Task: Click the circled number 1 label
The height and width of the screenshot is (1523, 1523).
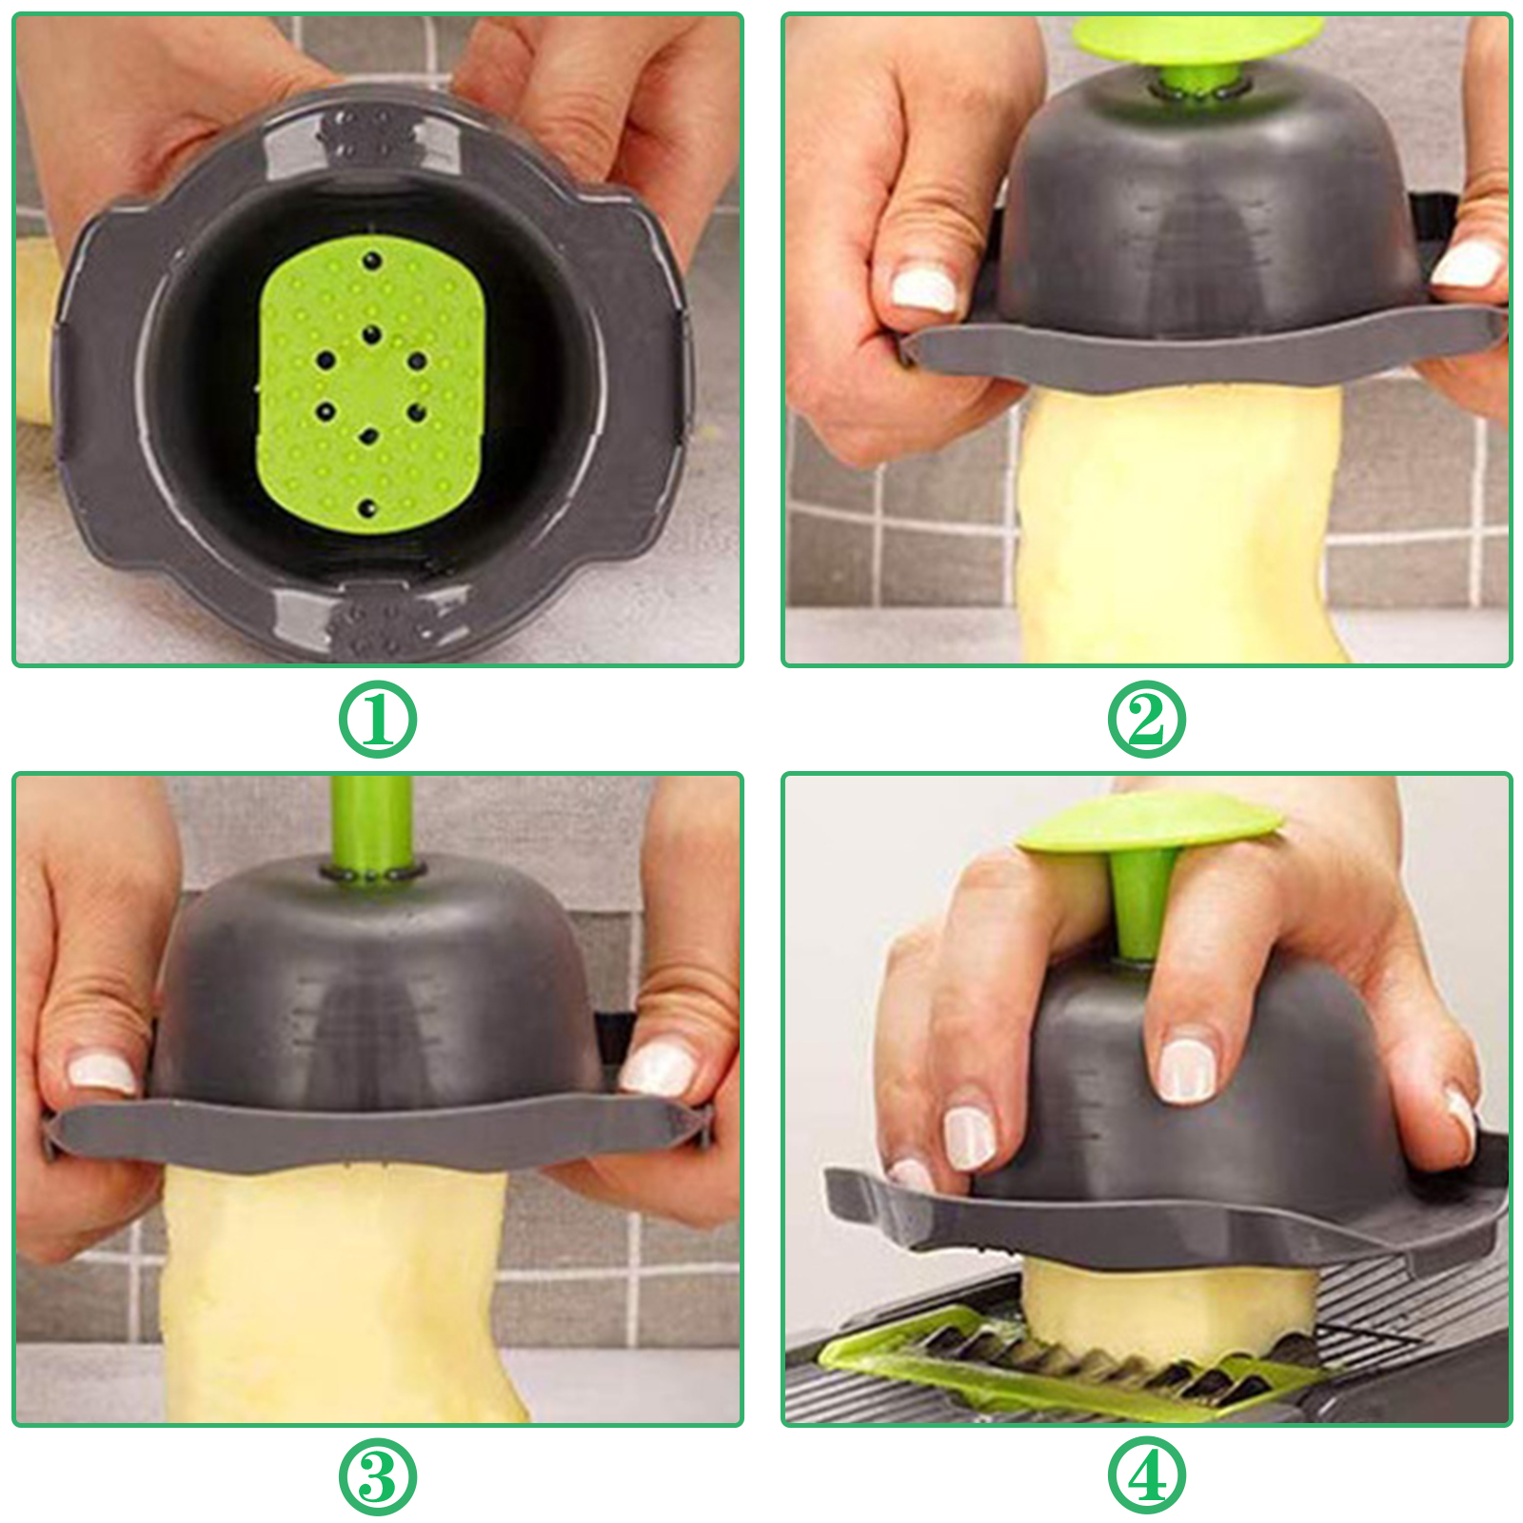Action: click(x=378, y=720)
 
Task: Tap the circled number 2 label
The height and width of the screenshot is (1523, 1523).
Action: click(x=1146, y=720)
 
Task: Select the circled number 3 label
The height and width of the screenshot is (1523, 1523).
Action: click(x=378, y=1477)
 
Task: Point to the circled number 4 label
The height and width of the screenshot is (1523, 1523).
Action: click(x=1146, y=1477)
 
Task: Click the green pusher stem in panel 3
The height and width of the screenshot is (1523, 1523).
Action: click(x=372, y=824)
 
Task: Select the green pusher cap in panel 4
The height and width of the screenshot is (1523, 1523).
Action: click(x=1150, y=821)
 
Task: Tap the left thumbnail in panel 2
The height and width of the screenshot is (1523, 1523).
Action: click(x=922, y=289)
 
